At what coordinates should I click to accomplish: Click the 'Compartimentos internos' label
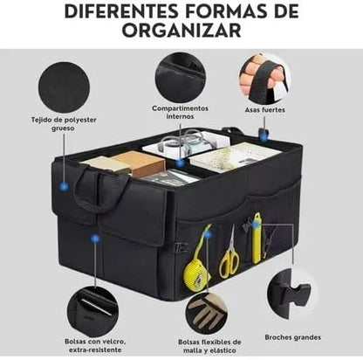(180, 113)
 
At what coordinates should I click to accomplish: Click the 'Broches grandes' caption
(292, 337)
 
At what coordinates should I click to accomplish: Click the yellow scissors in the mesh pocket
(229, 258)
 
